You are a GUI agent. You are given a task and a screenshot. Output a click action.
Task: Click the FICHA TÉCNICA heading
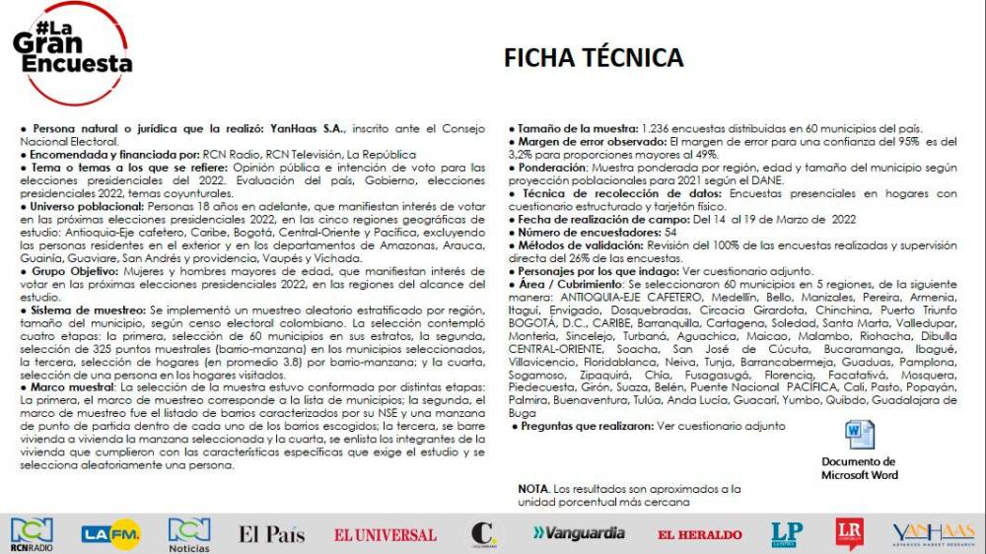coord(594,57)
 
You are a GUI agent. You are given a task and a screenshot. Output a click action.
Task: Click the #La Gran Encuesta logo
coord(71,49)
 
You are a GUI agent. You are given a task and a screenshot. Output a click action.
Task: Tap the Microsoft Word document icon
coord(859,436)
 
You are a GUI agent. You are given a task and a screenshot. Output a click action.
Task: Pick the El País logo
coord(272,533)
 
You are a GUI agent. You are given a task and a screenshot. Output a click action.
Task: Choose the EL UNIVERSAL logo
coord(385,534)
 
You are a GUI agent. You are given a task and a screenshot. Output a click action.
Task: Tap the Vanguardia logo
coord(579,532)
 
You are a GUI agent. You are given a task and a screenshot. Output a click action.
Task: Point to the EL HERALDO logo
coord(700,534)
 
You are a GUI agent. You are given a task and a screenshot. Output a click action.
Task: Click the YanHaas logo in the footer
coord(933,533)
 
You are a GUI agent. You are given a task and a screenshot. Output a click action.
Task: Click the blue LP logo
coord(787,533)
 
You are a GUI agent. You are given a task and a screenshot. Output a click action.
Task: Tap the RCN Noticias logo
coord(188,533)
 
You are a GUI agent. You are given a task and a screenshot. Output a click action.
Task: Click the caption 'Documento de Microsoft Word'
coord(859,468)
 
